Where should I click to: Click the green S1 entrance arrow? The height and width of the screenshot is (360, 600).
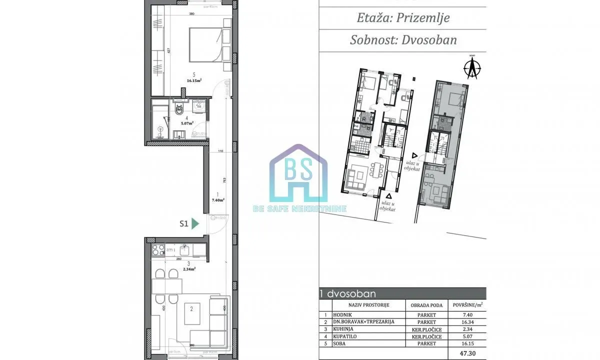195,224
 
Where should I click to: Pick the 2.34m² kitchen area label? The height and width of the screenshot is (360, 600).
189,268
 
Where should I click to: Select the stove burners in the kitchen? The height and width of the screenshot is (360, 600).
158,248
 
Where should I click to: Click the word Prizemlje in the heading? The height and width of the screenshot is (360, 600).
423,18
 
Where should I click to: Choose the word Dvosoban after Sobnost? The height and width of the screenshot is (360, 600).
429,40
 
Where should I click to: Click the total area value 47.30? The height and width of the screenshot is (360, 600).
467,352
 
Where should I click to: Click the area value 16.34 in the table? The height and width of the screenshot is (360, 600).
467,322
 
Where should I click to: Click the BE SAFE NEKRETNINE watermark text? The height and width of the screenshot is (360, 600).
299,208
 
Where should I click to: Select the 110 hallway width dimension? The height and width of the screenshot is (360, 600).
219,151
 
